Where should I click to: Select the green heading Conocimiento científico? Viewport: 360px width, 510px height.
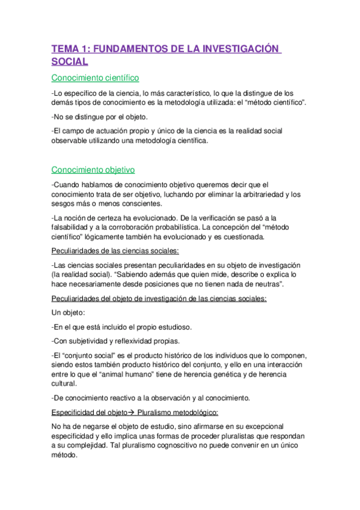tap(96, 78)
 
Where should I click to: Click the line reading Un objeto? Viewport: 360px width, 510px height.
tap(70, 313)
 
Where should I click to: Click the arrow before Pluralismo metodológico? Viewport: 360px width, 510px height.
tap(130, 413)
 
